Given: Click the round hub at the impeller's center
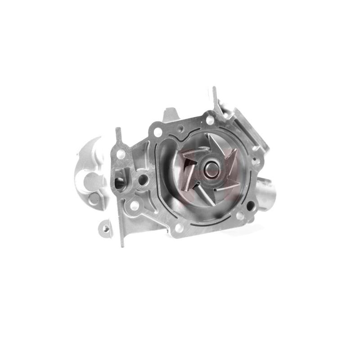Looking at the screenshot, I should (x=210, y=170).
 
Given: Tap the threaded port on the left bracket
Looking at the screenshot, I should (x=120, y=182).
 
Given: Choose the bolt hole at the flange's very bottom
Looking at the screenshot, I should (x=179, y=228).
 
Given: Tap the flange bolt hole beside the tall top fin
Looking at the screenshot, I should (x=210, y=120).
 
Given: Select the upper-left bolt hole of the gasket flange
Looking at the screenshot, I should (x=157, y=132).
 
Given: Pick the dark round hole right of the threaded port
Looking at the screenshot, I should (x=143, y=180).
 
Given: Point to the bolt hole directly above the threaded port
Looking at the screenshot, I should (x=121, y=154).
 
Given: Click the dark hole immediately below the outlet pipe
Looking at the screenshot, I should (x=251, y=206).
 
